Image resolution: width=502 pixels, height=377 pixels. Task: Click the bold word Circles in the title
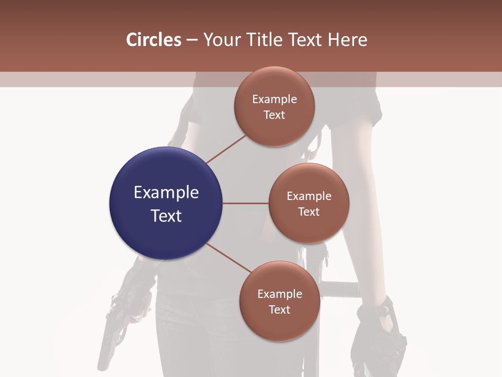pos(154,40)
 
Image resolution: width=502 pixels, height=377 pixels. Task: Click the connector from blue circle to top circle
pos(226,149)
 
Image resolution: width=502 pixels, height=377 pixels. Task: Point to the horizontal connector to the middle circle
pos(245,203)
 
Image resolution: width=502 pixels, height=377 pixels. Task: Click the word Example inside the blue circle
pos(166,193)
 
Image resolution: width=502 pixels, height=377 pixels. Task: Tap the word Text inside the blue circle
pos(166,216)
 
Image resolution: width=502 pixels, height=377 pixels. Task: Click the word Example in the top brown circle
pos(275,99)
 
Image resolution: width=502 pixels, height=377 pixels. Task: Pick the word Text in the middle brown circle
pos(309,212)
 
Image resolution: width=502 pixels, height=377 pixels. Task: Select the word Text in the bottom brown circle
pos(279,309)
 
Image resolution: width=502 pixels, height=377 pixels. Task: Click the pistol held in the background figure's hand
pos(110,335)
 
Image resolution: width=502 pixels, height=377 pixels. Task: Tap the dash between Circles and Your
pos(192,40)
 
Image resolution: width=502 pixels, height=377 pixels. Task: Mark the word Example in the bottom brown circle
pos(279,294)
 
